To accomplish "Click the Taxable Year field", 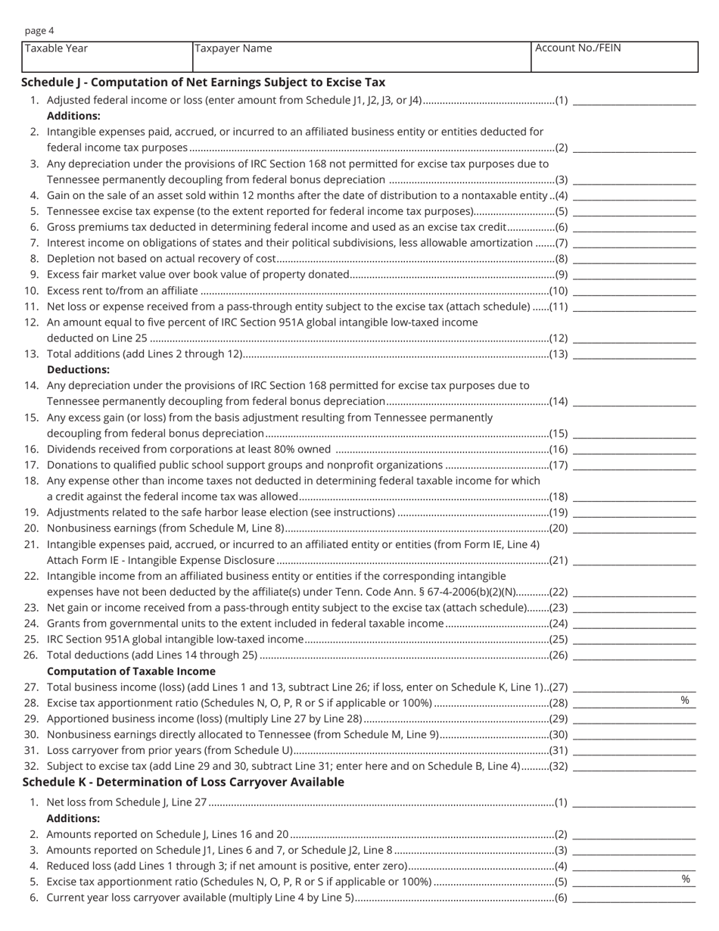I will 107,58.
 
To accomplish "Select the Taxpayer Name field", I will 362,58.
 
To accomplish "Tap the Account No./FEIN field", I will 614,58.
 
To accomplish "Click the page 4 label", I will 39,31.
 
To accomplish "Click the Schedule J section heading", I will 203,83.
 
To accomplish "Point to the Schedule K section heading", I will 183,782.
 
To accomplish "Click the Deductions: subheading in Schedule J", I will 78,370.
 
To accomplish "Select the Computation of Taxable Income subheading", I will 131,671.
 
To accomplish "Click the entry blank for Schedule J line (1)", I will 634,100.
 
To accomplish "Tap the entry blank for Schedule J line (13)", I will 634,353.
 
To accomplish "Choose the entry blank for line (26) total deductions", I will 634,655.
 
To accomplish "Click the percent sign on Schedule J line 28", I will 685,701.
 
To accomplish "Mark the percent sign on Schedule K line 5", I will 686,880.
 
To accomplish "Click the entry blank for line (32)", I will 634,766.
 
